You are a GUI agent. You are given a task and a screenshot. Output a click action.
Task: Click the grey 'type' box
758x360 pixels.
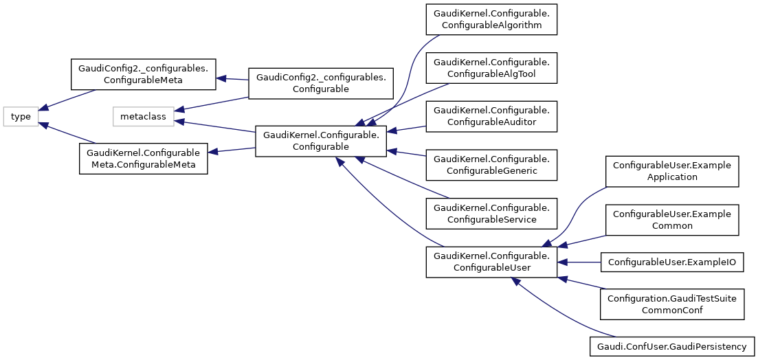(21, 116)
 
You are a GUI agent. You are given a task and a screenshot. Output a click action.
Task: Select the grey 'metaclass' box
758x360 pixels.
(143, 116)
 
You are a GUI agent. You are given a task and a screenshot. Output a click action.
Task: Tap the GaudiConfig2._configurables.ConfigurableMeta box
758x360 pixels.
(144, 74)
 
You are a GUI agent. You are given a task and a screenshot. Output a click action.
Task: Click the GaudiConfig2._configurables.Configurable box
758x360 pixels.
(321, 82)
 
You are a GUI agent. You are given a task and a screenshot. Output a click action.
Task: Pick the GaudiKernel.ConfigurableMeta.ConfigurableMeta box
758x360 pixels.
(144, 158)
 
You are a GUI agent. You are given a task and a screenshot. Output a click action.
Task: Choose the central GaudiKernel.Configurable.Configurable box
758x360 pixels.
(321, 141)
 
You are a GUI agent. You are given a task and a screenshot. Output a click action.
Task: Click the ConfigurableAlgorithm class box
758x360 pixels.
(491, 20)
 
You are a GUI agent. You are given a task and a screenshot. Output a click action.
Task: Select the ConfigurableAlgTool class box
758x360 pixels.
(491, 68)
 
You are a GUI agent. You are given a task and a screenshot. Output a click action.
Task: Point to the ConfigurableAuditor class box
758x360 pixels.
(491, 116)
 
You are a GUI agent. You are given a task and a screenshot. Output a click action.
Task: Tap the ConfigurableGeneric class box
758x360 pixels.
(491, 164)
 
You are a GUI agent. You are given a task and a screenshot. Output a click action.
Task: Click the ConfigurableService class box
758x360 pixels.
(491, 213)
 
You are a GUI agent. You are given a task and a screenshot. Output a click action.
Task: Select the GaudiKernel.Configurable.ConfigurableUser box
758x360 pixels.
(491, 262)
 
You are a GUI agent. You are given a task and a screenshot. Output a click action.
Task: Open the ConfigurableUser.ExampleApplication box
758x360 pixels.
(671, 171)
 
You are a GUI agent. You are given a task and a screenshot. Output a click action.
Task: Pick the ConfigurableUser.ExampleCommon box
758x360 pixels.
(671, 219)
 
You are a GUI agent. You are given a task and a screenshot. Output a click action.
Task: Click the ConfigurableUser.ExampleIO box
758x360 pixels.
(671, 262)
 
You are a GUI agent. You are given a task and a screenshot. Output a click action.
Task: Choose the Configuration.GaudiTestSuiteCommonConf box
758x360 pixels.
(671, 304)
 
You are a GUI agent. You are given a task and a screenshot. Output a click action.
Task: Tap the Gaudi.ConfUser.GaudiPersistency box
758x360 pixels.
(671, 346)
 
